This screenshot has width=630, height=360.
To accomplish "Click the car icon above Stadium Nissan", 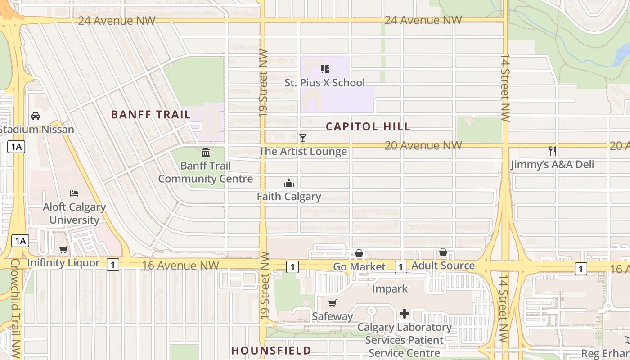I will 36,116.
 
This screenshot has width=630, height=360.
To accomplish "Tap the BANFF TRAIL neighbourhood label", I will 151,114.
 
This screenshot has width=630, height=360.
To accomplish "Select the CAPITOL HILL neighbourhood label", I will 368,126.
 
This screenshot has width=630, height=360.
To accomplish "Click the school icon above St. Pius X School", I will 324,69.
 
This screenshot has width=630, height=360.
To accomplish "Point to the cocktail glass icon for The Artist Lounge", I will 303,138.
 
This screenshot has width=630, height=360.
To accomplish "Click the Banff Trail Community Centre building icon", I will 206,152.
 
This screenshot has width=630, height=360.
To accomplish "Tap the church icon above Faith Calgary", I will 289,183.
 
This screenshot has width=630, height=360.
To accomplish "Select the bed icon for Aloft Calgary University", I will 74,193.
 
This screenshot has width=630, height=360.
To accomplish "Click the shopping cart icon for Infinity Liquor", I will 63,249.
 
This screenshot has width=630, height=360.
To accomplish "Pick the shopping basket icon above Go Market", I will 359,254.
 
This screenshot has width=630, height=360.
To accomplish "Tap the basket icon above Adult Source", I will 443,252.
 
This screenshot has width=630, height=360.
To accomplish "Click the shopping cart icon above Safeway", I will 333,303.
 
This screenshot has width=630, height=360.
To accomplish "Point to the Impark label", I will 390,288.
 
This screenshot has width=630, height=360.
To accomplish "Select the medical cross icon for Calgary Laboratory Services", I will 404,314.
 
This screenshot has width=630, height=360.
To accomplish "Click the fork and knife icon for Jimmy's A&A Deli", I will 553,151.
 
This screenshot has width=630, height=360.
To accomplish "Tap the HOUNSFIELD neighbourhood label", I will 271,350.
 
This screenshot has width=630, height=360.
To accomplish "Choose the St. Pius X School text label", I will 324,83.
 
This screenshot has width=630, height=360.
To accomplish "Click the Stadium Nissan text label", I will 37,130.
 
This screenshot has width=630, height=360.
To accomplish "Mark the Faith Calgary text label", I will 289,197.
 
